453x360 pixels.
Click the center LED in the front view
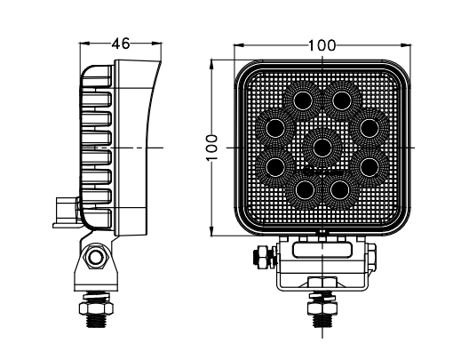pos(322,143)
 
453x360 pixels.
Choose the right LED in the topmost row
pos(342,98)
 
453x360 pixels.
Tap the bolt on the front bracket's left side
pos(262,257)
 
